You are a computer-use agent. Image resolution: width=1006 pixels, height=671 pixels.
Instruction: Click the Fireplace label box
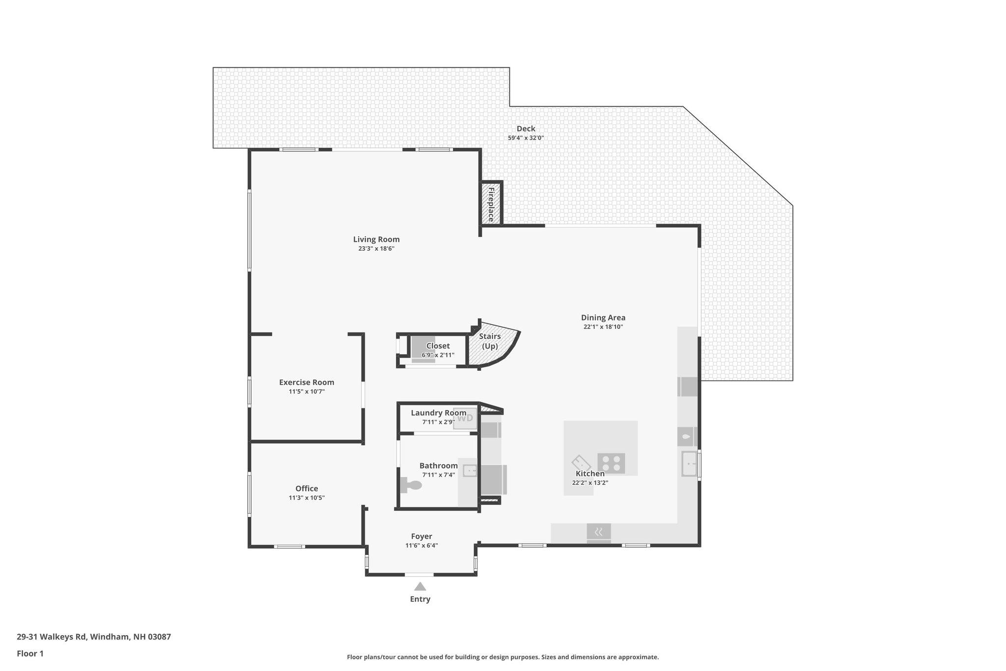(491, 204)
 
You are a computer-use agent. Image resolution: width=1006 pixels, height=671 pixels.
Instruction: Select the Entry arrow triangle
(420, 586)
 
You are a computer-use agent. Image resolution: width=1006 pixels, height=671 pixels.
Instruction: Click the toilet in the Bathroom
(411, 485)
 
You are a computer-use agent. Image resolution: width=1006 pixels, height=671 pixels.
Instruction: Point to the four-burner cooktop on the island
(611, 463)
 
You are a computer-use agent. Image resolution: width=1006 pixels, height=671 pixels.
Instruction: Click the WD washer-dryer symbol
(465, 418)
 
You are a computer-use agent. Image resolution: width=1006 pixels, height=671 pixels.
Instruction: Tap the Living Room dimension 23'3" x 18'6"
(376, 249)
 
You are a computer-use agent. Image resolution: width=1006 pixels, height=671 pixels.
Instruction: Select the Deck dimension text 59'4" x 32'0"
(526, 138)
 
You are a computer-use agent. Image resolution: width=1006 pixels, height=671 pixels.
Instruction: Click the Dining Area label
(603, 318)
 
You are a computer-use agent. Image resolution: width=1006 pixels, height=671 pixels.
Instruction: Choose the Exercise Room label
(307, 382)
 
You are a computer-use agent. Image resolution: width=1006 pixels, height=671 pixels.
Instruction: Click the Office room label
(307, 488)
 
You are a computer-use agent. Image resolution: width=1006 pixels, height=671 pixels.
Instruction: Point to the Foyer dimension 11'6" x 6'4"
(421, 546)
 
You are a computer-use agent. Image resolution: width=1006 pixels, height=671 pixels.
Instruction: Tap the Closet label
(438, 346)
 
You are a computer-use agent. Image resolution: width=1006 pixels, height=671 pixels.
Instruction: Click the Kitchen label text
(590, 473)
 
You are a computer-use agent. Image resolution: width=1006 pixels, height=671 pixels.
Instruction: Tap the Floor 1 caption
(30, 653)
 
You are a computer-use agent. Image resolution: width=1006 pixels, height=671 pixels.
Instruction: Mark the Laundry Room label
(439, 413)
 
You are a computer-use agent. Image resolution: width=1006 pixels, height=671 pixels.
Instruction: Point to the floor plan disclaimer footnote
(503, 657)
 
